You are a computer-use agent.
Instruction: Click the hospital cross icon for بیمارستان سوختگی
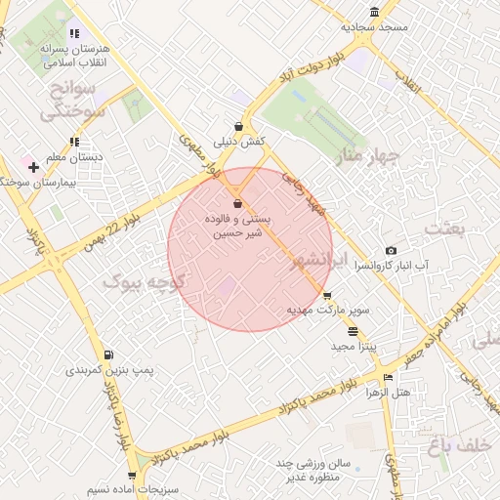click(33, 167)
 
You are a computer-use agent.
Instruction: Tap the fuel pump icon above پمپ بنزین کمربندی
click(107, 354)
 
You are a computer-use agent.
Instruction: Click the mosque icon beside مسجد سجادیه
click(375, 12)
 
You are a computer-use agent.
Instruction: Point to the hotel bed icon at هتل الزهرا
click(389, 378)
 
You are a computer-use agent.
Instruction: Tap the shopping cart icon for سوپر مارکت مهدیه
click(327, 295)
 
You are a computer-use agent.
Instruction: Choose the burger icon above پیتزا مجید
click(353, 332)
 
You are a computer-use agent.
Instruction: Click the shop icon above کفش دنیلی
click(239, 126)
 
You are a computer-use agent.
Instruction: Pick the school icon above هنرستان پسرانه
click(74, 31)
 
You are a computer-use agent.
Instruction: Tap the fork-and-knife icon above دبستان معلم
click(75, 142)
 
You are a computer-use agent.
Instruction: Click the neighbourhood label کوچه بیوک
click(137, 281)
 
